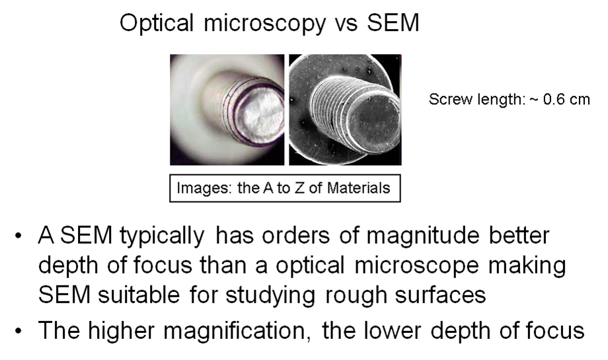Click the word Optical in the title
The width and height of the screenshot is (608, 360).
[x=157, y=23]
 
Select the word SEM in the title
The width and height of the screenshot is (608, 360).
[x=393, y=22]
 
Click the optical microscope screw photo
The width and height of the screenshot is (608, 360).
[x=227, y=110]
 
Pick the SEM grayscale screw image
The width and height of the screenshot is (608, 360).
[x=345, y=110]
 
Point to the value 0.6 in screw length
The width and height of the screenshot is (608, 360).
[x=554, y=100]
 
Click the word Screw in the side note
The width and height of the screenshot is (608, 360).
[x=451, y=100]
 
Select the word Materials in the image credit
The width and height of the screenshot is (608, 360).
[x=358, y=188]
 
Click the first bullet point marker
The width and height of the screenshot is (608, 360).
[x=18, y=236]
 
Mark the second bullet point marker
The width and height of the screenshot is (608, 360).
[x=18, y=332]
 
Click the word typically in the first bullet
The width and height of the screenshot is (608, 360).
[x=162, y=236]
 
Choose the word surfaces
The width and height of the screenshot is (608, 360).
[x=441, y=295]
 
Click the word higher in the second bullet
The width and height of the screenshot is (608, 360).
[x=122, y=332]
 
